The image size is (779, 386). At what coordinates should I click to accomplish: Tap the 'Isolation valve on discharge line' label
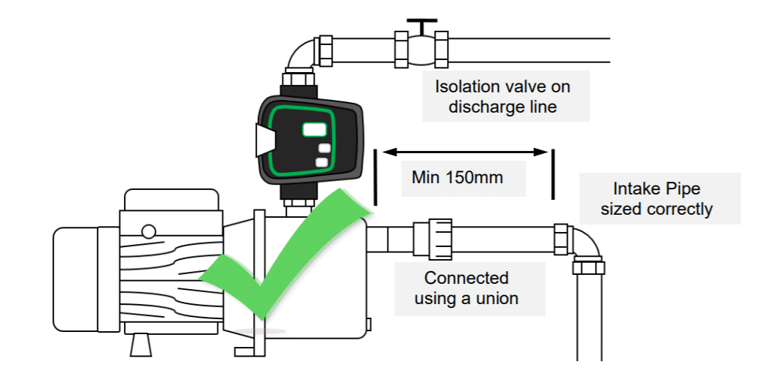click(x=503, y=96)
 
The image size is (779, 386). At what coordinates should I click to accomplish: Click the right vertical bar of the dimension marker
click(x=554, y=174)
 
